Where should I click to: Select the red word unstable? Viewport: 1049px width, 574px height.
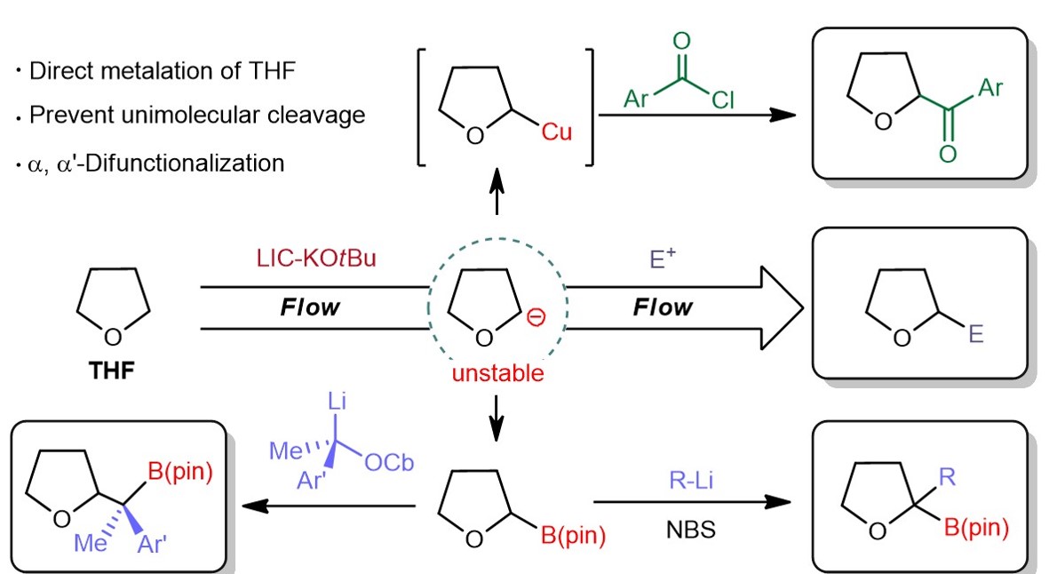[497, 372]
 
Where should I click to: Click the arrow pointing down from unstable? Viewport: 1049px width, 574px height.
[497, 411]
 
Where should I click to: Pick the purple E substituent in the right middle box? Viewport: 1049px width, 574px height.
[977, 337]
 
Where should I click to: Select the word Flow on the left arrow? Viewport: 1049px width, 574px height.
[310, 307]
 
